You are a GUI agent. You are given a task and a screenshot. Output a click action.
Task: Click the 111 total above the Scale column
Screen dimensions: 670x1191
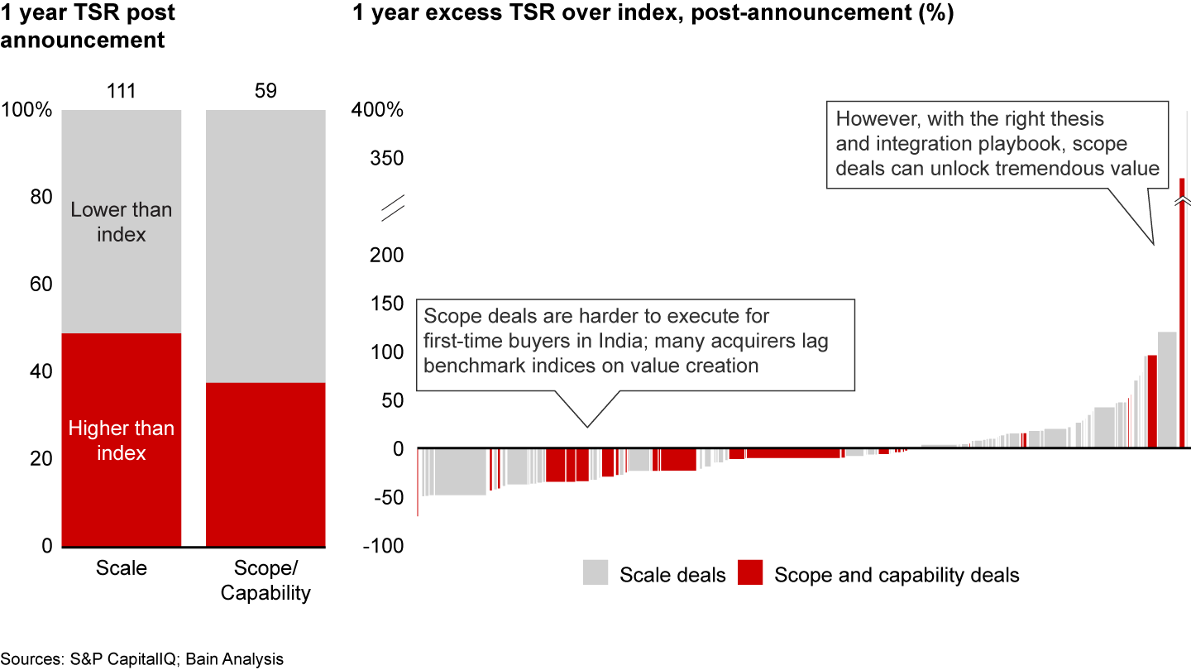[x=122, y=90]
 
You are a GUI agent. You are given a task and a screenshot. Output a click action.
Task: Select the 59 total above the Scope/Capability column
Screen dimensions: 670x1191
[x=265, y=90]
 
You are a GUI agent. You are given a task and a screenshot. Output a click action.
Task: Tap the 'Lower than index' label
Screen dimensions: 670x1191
[x=122, y=222]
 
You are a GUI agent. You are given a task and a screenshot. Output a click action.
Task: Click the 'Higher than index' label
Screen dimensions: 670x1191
[x=122, y=440]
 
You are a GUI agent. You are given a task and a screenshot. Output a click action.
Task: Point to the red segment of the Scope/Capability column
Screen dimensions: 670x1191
[x=265, y=464]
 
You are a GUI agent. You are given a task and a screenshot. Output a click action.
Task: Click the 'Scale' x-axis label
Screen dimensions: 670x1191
[x=122, y=568]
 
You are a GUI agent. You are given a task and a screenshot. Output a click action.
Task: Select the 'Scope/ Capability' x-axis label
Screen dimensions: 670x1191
[x=265, y=581]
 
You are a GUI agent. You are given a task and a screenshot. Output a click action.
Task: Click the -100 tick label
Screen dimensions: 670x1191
[x=385, y=546]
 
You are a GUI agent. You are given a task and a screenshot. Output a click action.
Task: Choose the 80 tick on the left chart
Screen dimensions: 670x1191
[x=42, y=197]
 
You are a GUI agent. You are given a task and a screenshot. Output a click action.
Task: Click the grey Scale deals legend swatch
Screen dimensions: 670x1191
[x=595, y=572]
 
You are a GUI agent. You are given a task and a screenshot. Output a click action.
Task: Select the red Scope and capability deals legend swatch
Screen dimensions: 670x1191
[x=750, y=572]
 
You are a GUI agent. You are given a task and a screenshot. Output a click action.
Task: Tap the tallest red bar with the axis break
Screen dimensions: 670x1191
[x=1182, y=314]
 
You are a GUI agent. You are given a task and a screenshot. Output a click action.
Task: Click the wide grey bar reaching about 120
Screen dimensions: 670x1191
[x=1167, y=389]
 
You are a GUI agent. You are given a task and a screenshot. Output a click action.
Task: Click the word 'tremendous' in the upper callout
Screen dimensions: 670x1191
[x=1039, y=168]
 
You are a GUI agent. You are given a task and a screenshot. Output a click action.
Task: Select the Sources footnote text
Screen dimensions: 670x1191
[x=142, y=659]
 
